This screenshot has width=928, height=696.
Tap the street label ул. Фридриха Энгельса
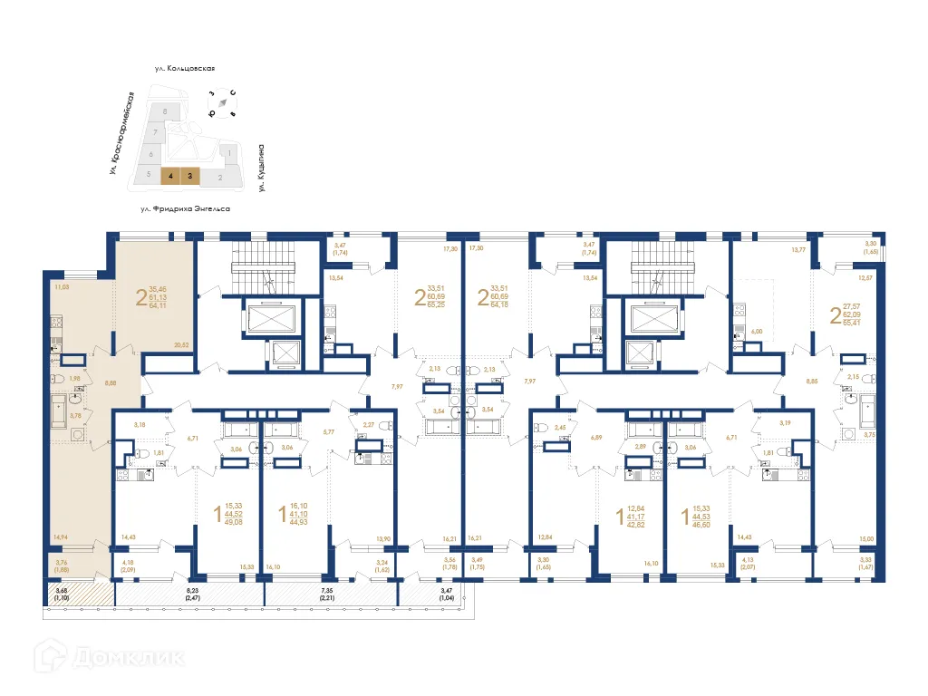point(185,209)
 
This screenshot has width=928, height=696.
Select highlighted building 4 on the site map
point(169,177)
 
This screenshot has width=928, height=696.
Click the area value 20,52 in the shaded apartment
point(180,344)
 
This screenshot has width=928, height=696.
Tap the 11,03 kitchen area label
point(62,287)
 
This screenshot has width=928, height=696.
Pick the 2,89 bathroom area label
point(641,447)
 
